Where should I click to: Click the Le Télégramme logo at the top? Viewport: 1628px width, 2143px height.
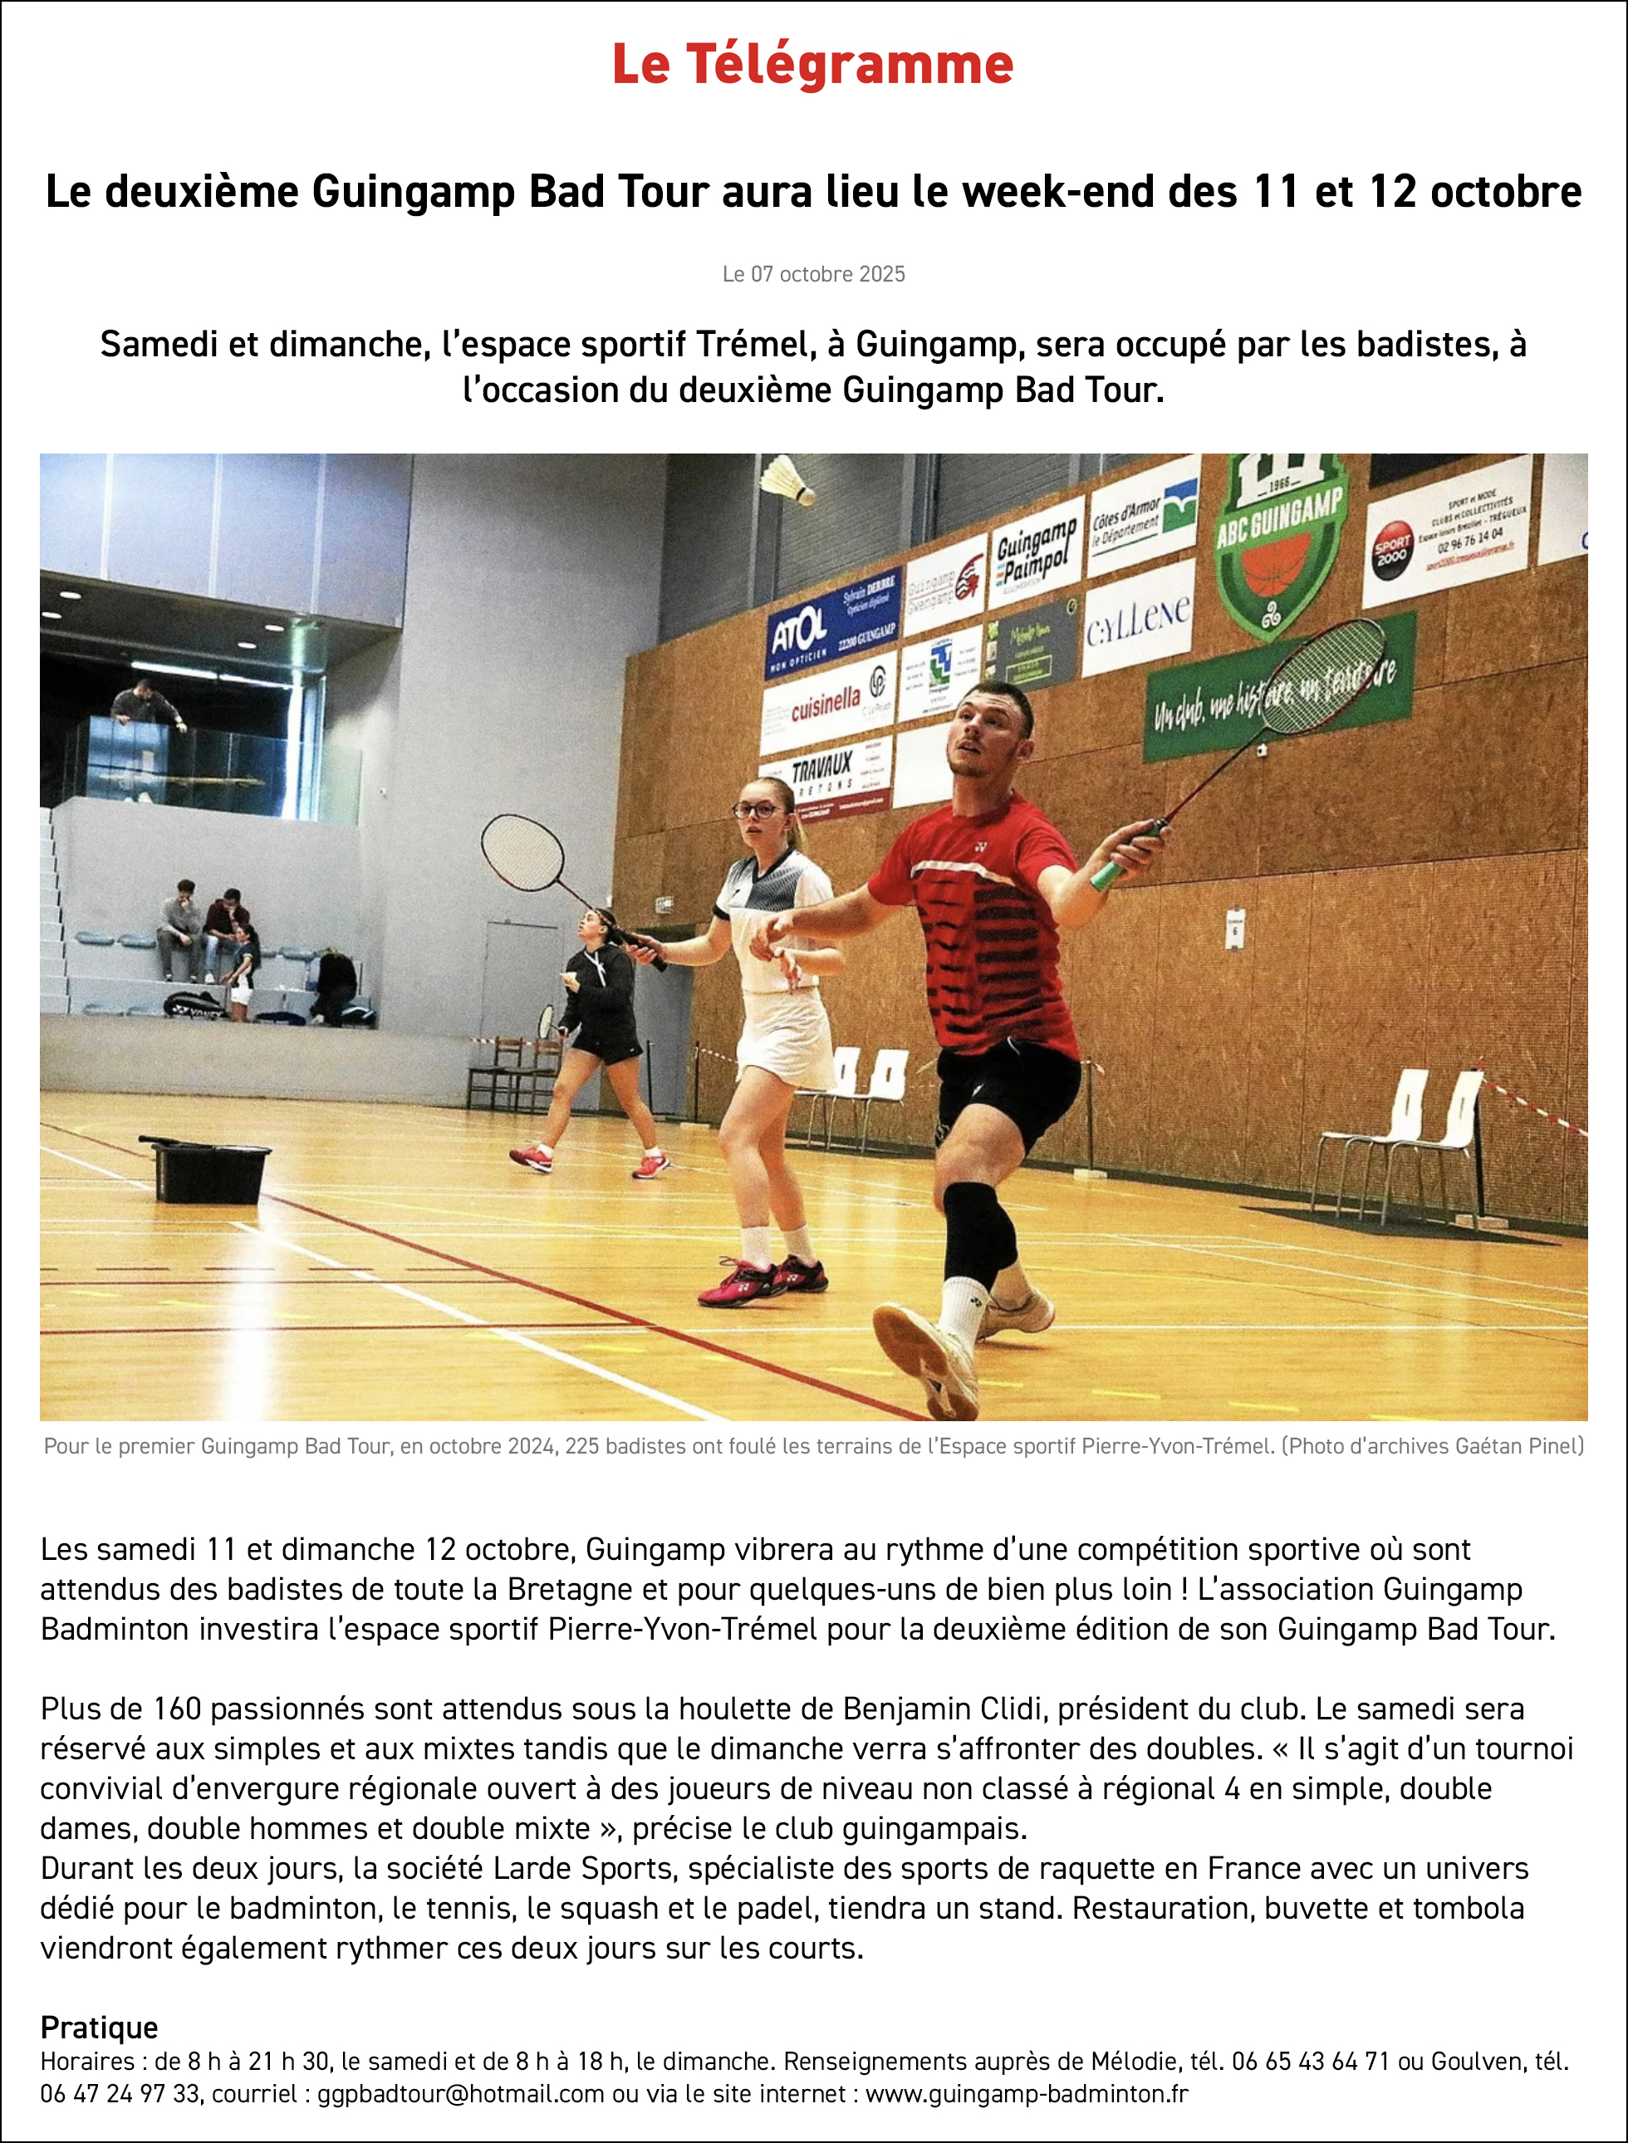point(812,64)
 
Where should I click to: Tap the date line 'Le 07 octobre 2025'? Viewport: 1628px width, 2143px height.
point(813,274)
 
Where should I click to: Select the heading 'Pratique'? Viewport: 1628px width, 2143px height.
point(99,2027)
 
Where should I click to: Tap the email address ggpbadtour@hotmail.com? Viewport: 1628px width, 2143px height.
point(460,2094)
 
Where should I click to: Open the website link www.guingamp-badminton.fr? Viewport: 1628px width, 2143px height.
point(1027,2094)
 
